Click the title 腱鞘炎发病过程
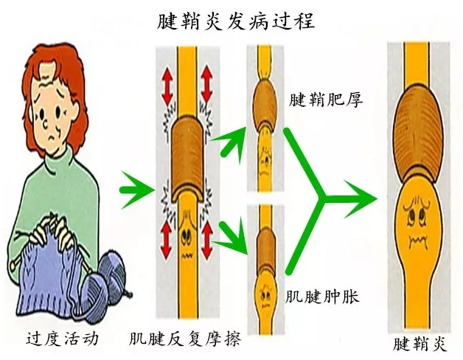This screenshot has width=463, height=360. click(236, 21)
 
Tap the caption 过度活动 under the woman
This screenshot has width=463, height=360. click(63, 339)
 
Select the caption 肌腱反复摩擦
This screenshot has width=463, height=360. click(185, 339)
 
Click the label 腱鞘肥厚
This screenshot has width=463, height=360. click(325, 100)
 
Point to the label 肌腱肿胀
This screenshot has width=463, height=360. click(322, 297)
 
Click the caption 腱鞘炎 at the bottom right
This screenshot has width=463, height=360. click(420, 345)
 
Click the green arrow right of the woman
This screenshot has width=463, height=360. click(137, 190)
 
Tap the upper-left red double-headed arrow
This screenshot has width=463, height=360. click(167, 86)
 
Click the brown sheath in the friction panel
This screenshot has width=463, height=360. click(187, 158)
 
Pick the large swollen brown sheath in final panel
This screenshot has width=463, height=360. click(418, 133)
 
